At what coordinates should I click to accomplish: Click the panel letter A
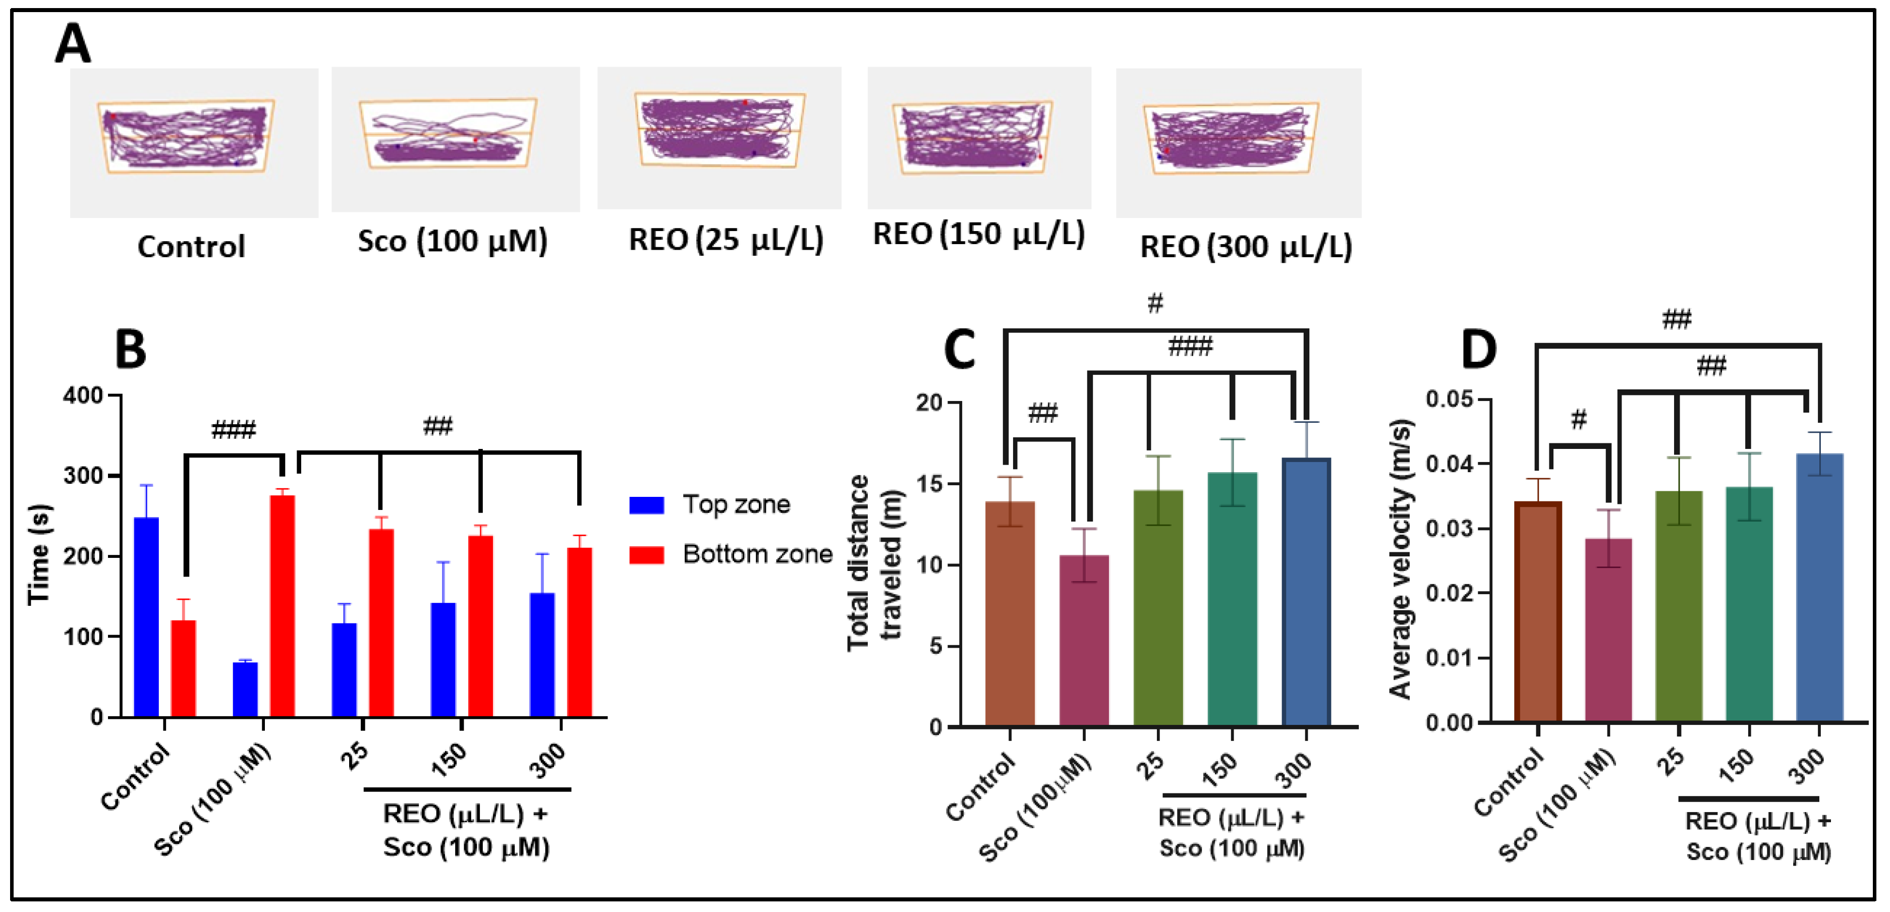pos(73,44)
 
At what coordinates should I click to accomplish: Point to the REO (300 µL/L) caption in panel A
pos(1245,247)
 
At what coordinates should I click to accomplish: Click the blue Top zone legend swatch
pos(646,505)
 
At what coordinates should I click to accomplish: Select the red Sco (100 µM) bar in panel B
pos(283,606)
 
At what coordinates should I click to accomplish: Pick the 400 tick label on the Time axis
pos(82,396)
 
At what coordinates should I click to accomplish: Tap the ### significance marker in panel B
pos(233,429)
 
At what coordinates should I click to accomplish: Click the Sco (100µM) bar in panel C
pos(1084,641)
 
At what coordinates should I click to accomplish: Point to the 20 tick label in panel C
pos(928,403)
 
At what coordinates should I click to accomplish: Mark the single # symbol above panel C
pos(1155,302)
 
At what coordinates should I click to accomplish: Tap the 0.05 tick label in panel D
pos(1449,399)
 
